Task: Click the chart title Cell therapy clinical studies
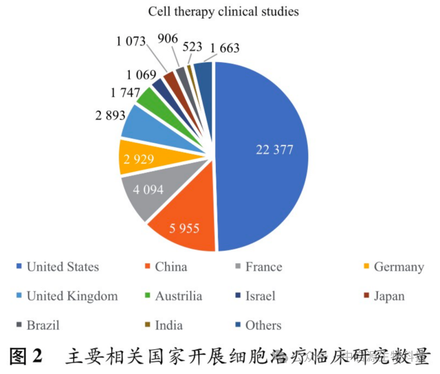tap(223, 11)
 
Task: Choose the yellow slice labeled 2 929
tap(141, 158)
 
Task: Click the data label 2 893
tap(110, 115)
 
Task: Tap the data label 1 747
tap(125, 93)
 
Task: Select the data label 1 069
tap(141, 75)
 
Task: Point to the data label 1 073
tap(131, 41)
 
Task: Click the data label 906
tap(167, 39)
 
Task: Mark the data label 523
tap(191, 46)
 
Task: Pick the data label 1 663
tap(224, 48)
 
